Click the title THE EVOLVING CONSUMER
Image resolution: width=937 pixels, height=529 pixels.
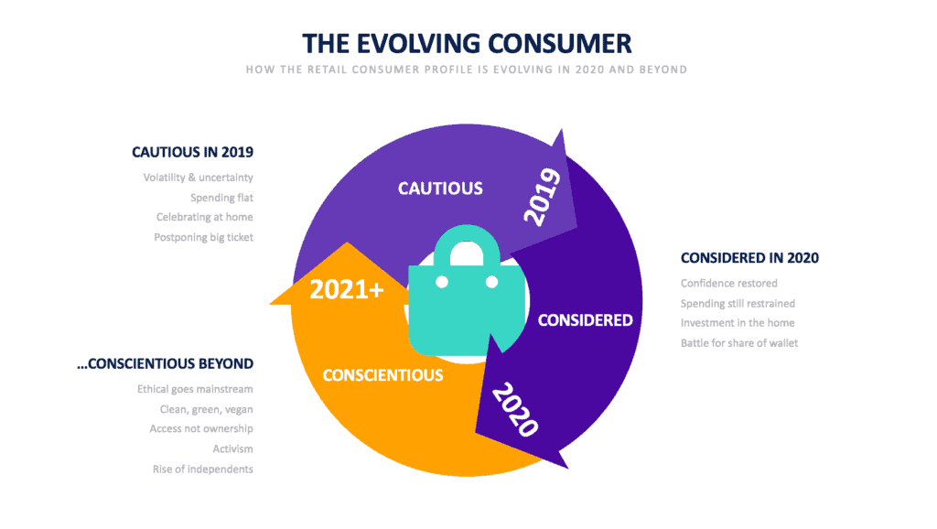point(467,44)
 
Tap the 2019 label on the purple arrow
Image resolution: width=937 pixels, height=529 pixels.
point(542,197)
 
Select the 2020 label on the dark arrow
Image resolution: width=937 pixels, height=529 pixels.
point(515,409)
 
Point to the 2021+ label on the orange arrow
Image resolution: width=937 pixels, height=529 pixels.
point(347,290)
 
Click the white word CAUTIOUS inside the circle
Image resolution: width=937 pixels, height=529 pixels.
point(440,189)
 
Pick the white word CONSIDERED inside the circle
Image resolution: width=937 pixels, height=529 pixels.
point(585,320)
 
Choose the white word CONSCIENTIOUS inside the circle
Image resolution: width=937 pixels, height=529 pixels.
point(383,375)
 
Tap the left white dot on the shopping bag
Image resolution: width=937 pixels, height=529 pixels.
point(442,282)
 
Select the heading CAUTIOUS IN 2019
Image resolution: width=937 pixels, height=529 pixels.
point(192,153)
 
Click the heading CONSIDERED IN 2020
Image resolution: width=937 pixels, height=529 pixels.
point(749,258)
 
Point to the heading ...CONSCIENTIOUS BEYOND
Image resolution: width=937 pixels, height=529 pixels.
point(165,364)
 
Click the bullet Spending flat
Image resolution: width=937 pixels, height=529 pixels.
point(221,198)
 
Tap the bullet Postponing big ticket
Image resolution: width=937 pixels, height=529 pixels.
point(204,237)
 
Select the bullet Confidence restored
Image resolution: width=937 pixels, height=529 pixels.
point(729,284)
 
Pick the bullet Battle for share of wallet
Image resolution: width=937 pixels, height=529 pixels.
point(739,343)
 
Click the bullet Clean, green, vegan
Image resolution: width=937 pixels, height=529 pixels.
point(206,409)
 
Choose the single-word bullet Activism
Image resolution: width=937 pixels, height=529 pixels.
point(233,448)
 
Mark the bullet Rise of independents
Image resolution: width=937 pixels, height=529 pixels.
point(202,470)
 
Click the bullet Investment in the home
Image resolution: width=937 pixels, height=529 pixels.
point(738,323)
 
